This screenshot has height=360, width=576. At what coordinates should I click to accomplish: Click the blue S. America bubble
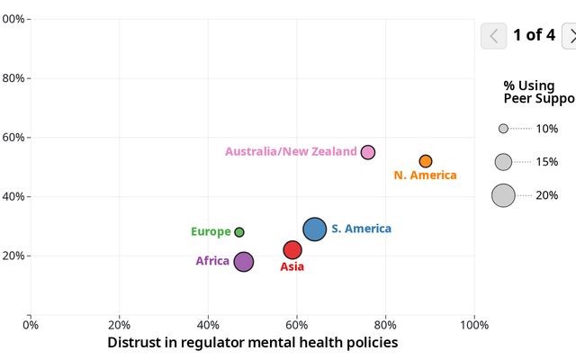coord(314,229)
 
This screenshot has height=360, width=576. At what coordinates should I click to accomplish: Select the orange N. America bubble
coord(426,161)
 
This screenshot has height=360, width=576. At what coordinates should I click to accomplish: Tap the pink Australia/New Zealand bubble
coord(368,152)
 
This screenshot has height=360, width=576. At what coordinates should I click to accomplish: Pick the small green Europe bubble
coord(239,232)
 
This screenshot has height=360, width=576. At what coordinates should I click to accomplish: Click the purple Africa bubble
coord(244,262)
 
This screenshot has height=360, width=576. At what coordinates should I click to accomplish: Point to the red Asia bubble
coord(292,249)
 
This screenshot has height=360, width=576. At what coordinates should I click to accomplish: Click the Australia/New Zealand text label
coord(291,152)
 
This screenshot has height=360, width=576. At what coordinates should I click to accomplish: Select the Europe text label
coord(211,232)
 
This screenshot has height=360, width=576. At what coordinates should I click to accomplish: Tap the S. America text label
coord(361,229)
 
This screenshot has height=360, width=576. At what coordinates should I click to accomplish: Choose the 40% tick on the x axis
coord(208,324)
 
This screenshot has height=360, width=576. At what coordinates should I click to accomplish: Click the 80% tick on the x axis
coord(385,324)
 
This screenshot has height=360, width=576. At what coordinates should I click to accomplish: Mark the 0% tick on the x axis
coord(31,324)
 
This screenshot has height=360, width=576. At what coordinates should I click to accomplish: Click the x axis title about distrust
coord(252,343)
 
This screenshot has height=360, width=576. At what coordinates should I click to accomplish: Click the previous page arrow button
coord(494,36)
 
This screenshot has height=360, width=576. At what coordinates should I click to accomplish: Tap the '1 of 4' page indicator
coord(534,36)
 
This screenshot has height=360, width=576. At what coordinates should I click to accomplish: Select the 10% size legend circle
coord(503,129)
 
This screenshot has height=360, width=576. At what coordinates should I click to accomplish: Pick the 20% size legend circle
coord(503,195)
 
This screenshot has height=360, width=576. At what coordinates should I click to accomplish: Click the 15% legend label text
coord(546,162)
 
